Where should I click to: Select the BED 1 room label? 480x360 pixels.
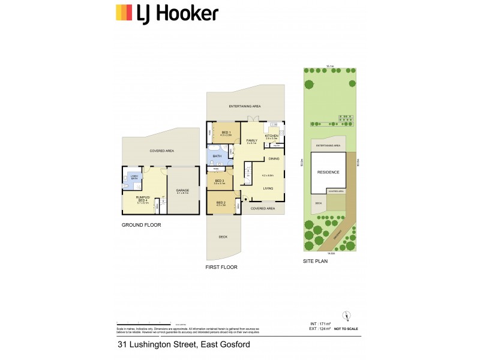(226, 133)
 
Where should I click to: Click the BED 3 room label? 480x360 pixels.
(219, 181)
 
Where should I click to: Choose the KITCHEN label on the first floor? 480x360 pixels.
(272, 136)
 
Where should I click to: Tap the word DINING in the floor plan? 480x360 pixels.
(274, 158)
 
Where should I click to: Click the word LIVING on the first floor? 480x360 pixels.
(268, 188)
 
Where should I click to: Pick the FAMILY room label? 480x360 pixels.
(251, 140)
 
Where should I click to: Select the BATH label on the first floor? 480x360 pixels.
(217, 157)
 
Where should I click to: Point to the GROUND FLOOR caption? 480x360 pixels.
(142, 225)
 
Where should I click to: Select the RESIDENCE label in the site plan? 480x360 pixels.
(328, 172)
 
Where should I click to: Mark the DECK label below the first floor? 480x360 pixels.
(223, 237)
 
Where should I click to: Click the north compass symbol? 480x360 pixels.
(345, 316)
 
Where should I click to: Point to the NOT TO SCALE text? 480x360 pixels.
(346, 329)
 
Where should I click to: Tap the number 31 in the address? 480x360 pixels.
(122, 345)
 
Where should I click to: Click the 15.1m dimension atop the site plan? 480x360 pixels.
(329, 66)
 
